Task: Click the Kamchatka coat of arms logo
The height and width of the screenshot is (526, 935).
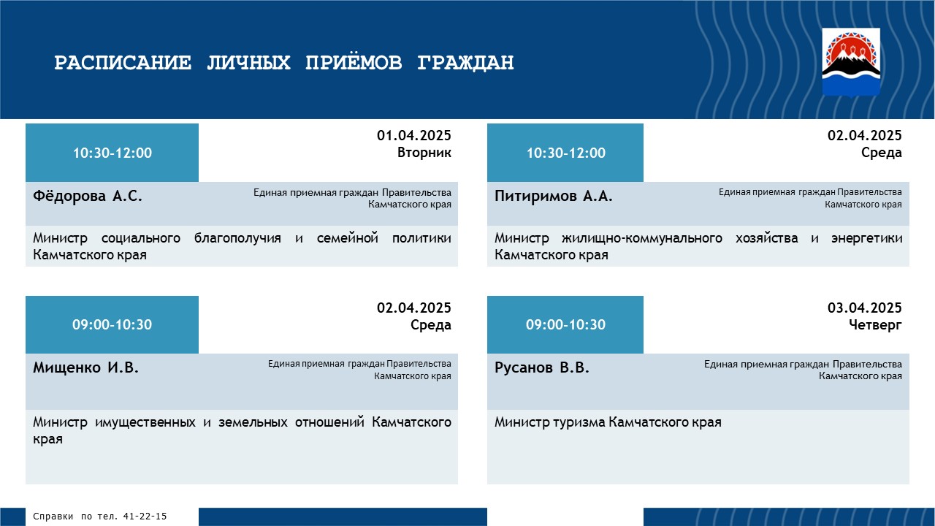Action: click(x=851, y=62)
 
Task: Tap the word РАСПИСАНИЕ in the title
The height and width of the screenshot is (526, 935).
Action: click(x=123, y=63)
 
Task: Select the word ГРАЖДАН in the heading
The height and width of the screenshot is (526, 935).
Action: click(x=465, y=63)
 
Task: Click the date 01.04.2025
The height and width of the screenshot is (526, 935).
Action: click(x=413, y=135)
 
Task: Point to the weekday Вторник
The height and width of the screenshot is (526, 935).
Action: click(x=424, y=153)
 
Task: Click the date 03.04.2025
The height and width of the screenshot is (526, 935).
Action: click(x=864, y=308)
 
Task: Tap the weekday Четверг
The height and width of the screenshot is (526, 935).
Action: click(x=875, y=325)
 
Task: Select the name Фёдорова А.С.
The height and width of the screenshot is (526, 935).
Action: click(x=87, y=196)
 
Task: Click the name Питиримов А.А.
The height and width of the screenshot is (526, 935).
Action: click(x=554, y=196)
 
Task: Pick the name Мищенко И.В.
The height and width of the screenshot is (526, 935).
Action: click(x=85, y=367)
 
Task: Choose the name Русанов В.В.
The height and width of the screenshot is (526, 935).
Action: click(x=542, y=367)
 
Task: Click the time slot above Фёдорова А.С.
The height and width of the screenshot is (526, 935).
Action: click(x=112, y=153)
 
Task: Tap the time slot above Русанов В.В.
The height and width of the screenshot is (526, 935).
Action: click(x=565, y=324)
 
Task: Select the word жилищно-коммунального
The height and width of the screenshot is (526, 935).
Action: click(x=642, y=238)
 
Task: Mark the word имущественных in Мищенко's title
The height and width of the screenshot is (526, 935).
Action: click(x=145, y=422)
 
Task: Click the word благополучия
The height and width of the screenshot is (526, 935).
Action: click(x=237, y=238)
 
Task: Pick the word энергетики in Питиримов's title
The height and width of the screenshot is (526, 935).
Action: click(x=866, y=238)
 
